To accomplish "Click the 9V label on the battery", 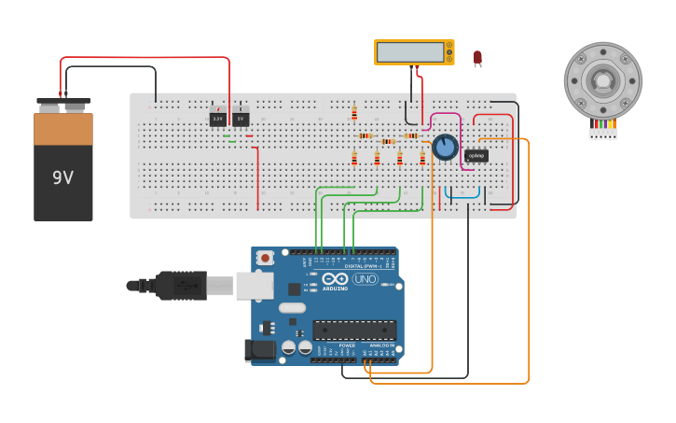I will (x=62, y=177).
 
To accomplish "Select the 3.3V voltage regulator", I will (x=217, y=120).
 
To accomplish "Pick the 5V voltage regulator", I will (x=241, y=120).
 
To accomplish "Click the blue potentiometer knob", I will (x=445, y=147).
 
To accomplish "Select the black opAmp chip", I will (x=476, y=156).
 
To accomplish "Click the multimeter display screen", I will (x=410, y=51).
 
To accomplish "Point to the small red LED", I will (x=477, y=58).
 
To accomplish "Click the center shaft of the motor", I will (x=603, y=80).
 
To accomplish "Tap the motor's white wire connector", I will (x=602, y=134).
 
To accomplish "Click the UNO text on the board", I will (x=365, y=279).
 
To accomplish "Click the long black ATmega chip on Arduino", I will (x=354, y=330).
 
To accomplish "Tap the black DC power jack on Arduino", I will (x=260, y=350).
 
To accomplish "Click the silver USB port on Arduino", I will (x=254, y=286).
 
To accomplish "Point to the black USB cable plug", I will (x=181, y=285).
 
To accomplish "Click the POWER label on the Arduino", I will (x=347, y=345).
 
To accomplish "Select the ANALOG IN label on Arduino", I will (x=382, y=345).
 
